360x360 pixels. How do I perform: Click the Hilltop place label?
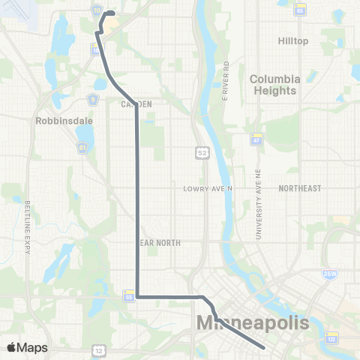point(292,40)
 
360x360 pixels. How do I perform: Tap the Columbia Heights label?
point(275,84)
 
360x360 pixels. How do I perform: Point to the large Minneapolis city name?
point(252,324)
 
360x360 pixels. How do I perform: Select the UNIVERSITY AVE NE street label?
point(258,214)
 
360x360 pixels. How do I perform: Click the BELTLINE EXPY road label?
point(28,229)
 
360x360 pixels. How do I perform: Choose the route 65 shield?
point(300,11)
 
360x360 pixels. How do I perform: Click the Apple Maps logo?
point(27,347)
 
